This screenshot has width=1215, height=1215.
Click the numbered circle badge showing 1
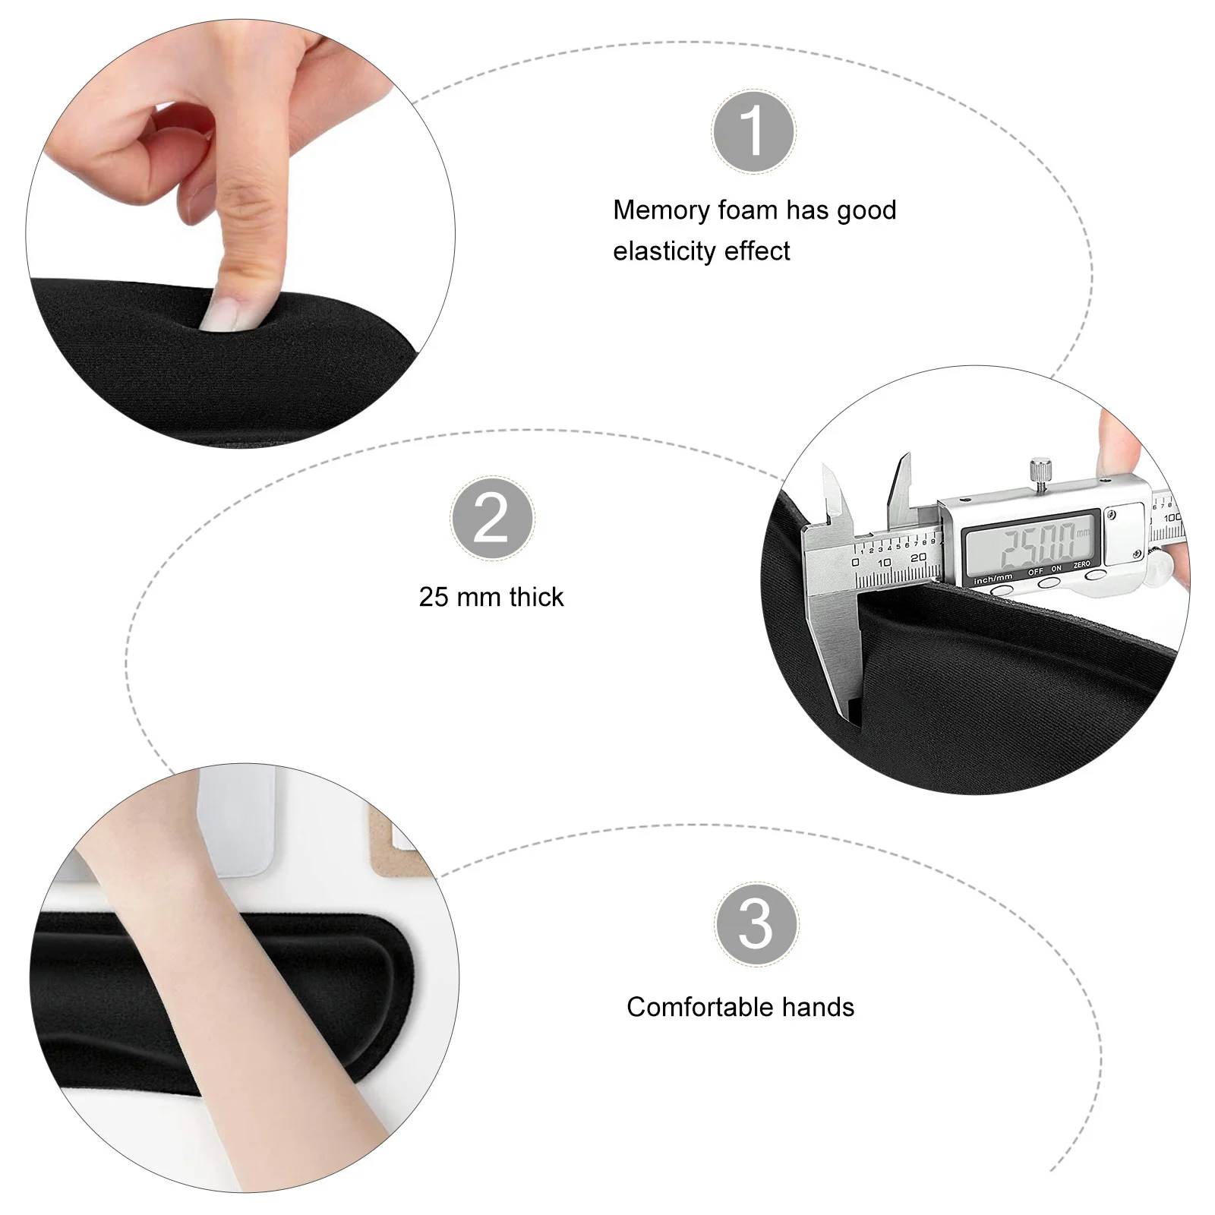pos(753,131)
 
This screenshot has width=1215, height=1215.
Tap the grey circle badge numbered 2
pos(492,519)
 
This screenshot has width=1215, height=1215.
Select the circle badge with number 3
pos(756,924)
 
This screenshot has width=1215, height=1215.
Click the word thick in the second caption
pos(537,597)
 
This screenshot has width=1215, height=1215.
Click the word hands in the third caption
pos(818,1007)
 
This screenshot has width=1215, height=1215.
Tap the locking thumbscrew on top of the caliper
pos(1038,469)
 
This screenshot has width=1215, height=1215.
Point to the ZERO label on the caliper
pos(1081,565)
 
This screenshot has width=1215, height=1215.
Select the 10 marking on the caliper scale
pos(884,563)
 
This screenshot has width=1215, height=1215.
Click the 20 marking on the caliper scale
pos(918,557)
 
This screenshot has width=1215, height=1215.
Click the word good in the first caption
pos(866,210)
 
